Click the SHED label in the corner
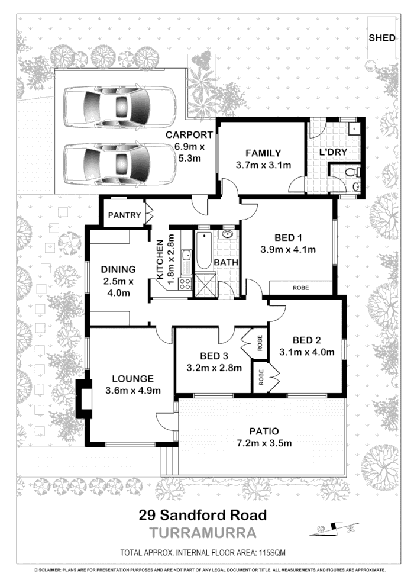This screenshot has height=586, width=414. click(x=381, y=38)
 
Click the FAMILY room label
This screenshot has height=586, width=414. click(x=264, y=153)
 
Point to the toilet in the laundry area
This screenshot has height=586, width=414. click(x=353, y=172)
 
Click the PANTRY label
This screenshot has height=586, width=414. click(x=124, y=215)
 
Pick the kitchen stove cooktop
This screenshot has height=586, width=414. click(x=185, y=282)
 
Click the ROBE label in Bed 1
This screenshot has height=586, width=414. click(x=300, y=288)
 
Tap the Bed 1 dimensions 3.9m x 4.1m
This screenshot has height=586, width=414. click(x=287, y=250)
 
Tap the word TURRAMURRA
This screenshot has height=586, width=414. click(x=203, y=533)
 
